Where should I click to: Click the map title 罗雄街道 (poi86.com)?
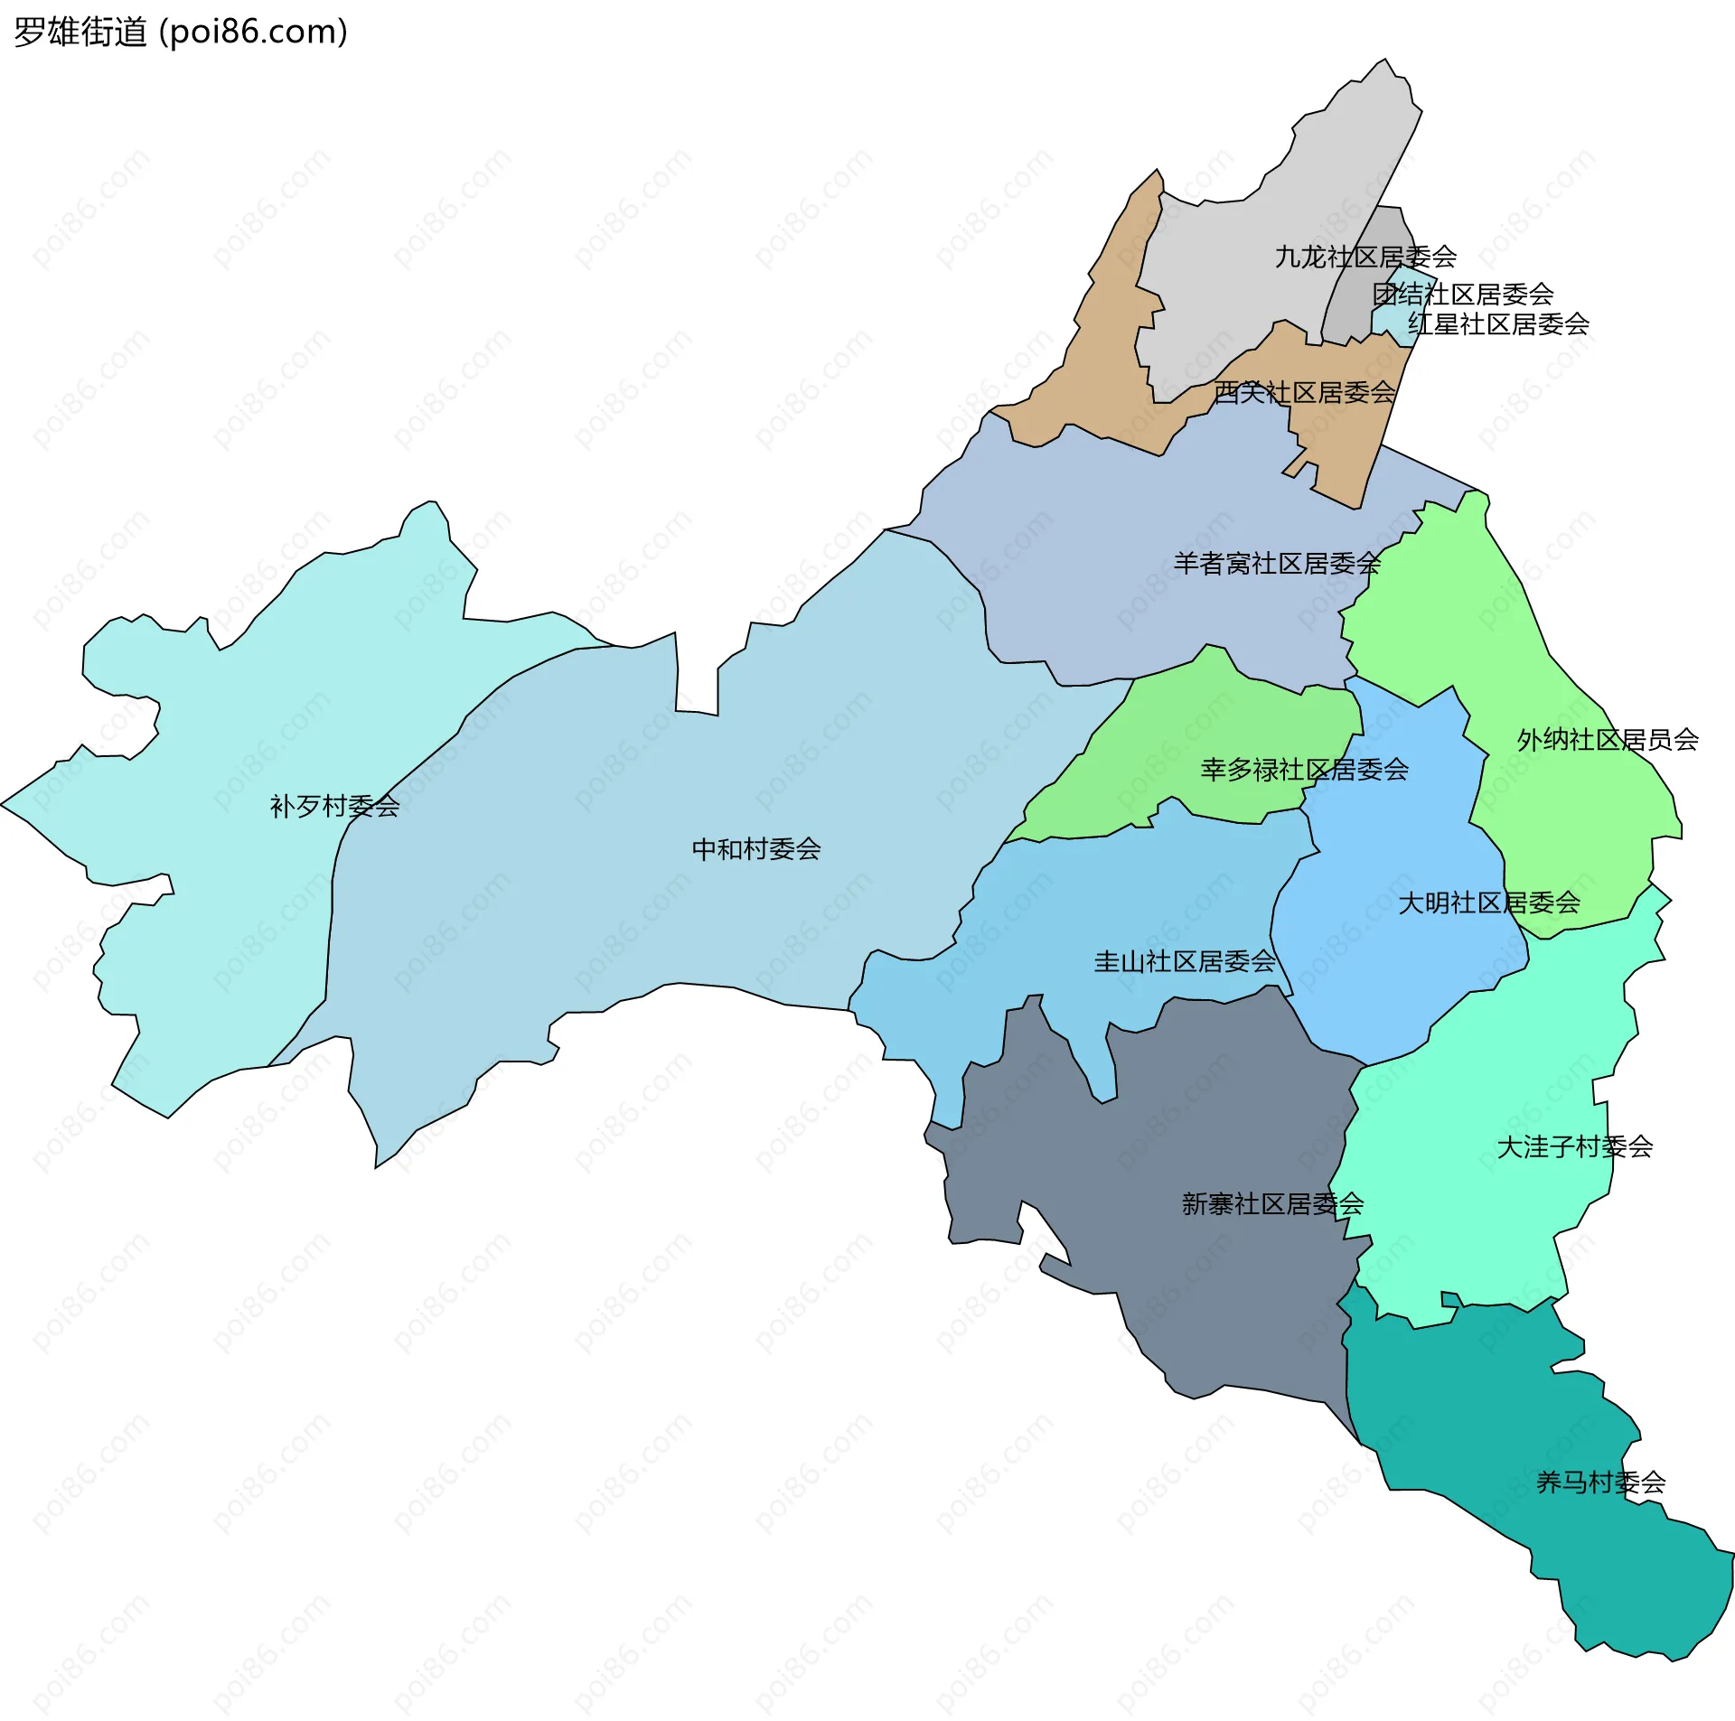pos(181,33)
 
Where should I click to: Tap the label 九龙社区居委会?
pos(1365,257)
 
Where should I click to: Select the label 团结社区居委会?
pos(1463,294)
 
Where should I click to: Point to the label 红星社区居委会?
pos(1498,323)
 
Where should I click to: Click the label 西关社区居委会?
pos(1305,392)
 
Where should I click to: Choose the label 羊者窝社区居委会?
pos(1277,564)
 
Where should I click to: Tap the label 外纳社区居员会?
pos(1608,740)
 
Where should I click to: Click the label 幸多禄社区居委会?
pos(1305,770)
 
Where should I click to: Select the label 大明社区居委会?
pos(1489,903)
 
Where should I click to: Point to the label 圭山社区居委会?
pos(1185,961)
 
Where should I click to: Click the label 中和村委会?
pos(756,849)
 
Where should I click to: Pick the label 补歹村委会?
pos(335,806)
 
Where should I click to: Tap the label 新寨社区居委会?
pos(1272,1203)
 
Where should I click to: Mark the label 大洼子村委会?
pos(1575,1146)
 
